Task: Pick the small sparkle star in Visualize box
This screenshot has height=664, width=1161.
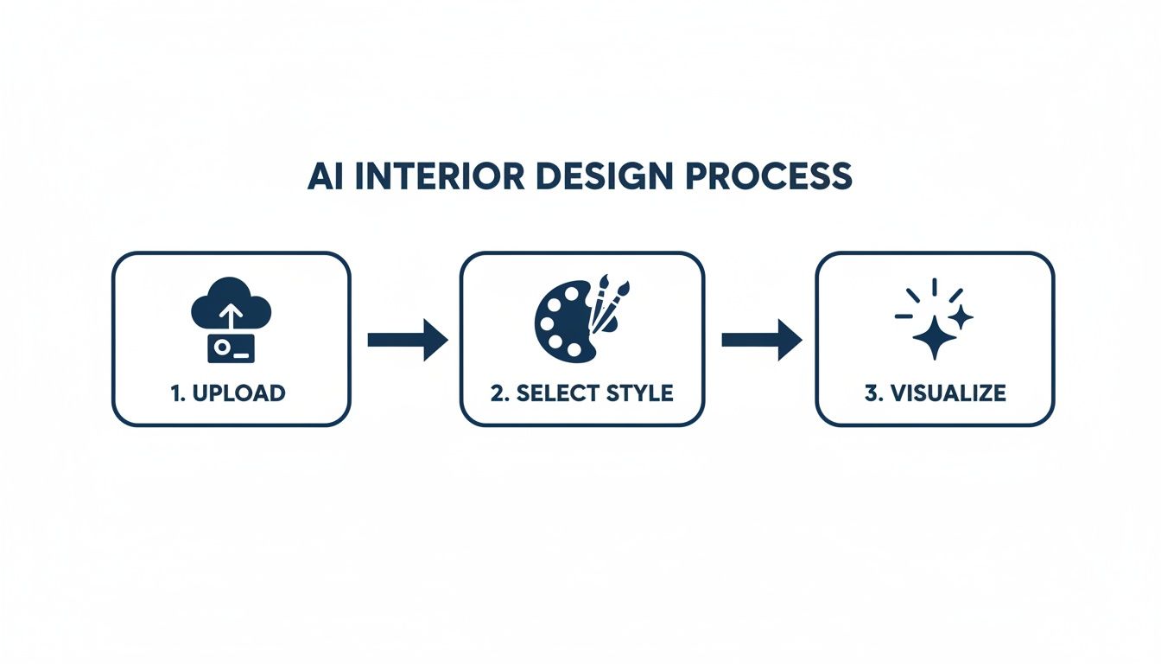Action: click(961, 317)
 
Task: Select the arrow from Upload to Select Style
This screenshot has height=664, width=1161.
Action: click(408, 340)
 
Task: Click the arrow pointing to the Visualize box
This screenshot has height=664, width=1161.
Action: click(761, 340)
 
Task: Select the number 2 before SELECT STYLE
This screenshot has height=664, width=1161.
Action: click(497, 393)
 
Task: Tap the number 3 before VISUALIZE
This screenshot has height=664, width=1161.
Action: click(870, 393)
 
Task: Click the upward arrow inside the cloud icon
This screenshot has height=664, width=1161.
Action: click(231, 316)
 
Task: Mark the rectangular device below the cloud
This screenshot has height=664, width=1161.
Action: click(231, 347)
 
